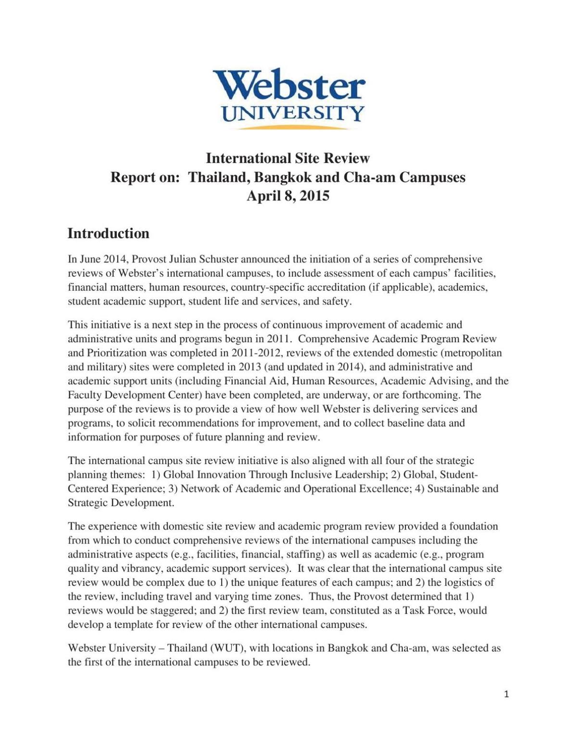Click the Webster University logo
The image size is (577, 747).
pos(288,99)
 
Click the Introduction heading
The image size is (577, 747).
pos(108,233)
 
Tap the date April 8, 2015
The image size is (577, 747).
pos(288,196)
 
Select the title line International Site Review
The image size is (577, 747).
pos(288,158)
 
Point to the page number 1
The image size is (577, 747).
pos(506,694)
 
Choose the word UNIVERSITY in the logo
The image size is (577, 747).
pos(292,114)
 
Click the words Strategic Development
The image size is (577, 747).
pos(120,503)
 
